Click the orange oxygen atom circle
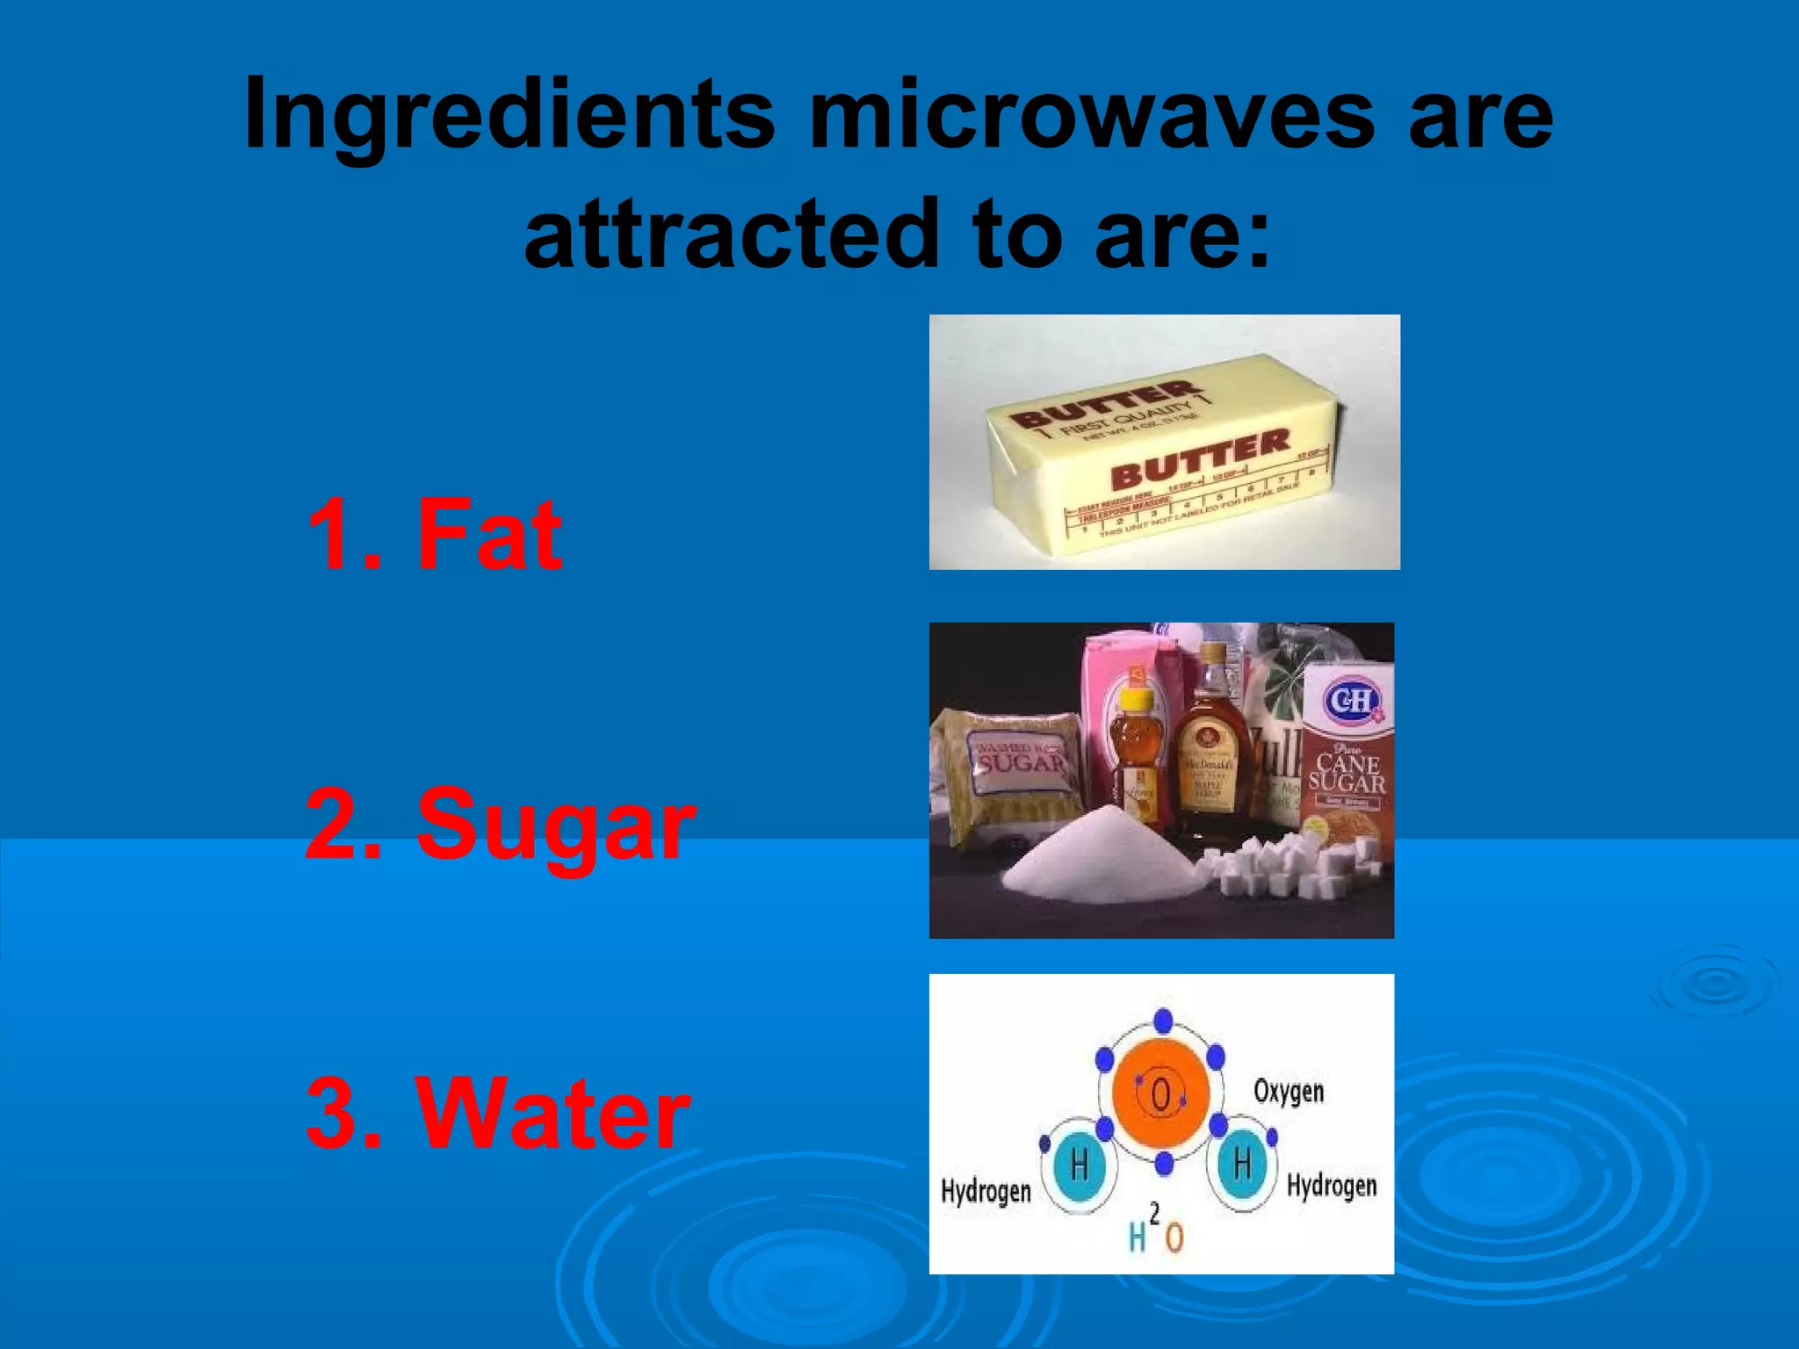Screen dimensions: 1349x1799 point(1160,1094)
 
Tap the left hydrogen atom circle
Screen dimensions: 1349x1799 point(1080,1165)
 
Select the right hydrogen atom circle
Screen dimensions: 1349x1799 point(1241,1165)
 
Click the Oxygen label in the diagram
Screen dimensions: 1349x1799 point(1288,1092)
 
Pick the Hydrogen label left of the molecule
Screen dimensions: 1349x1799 point(986,1192)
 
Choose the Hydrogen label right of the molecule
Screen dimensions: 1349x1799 point(1332,1186)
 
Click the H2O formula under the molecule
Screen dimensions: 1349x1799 point(1156,1232)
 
